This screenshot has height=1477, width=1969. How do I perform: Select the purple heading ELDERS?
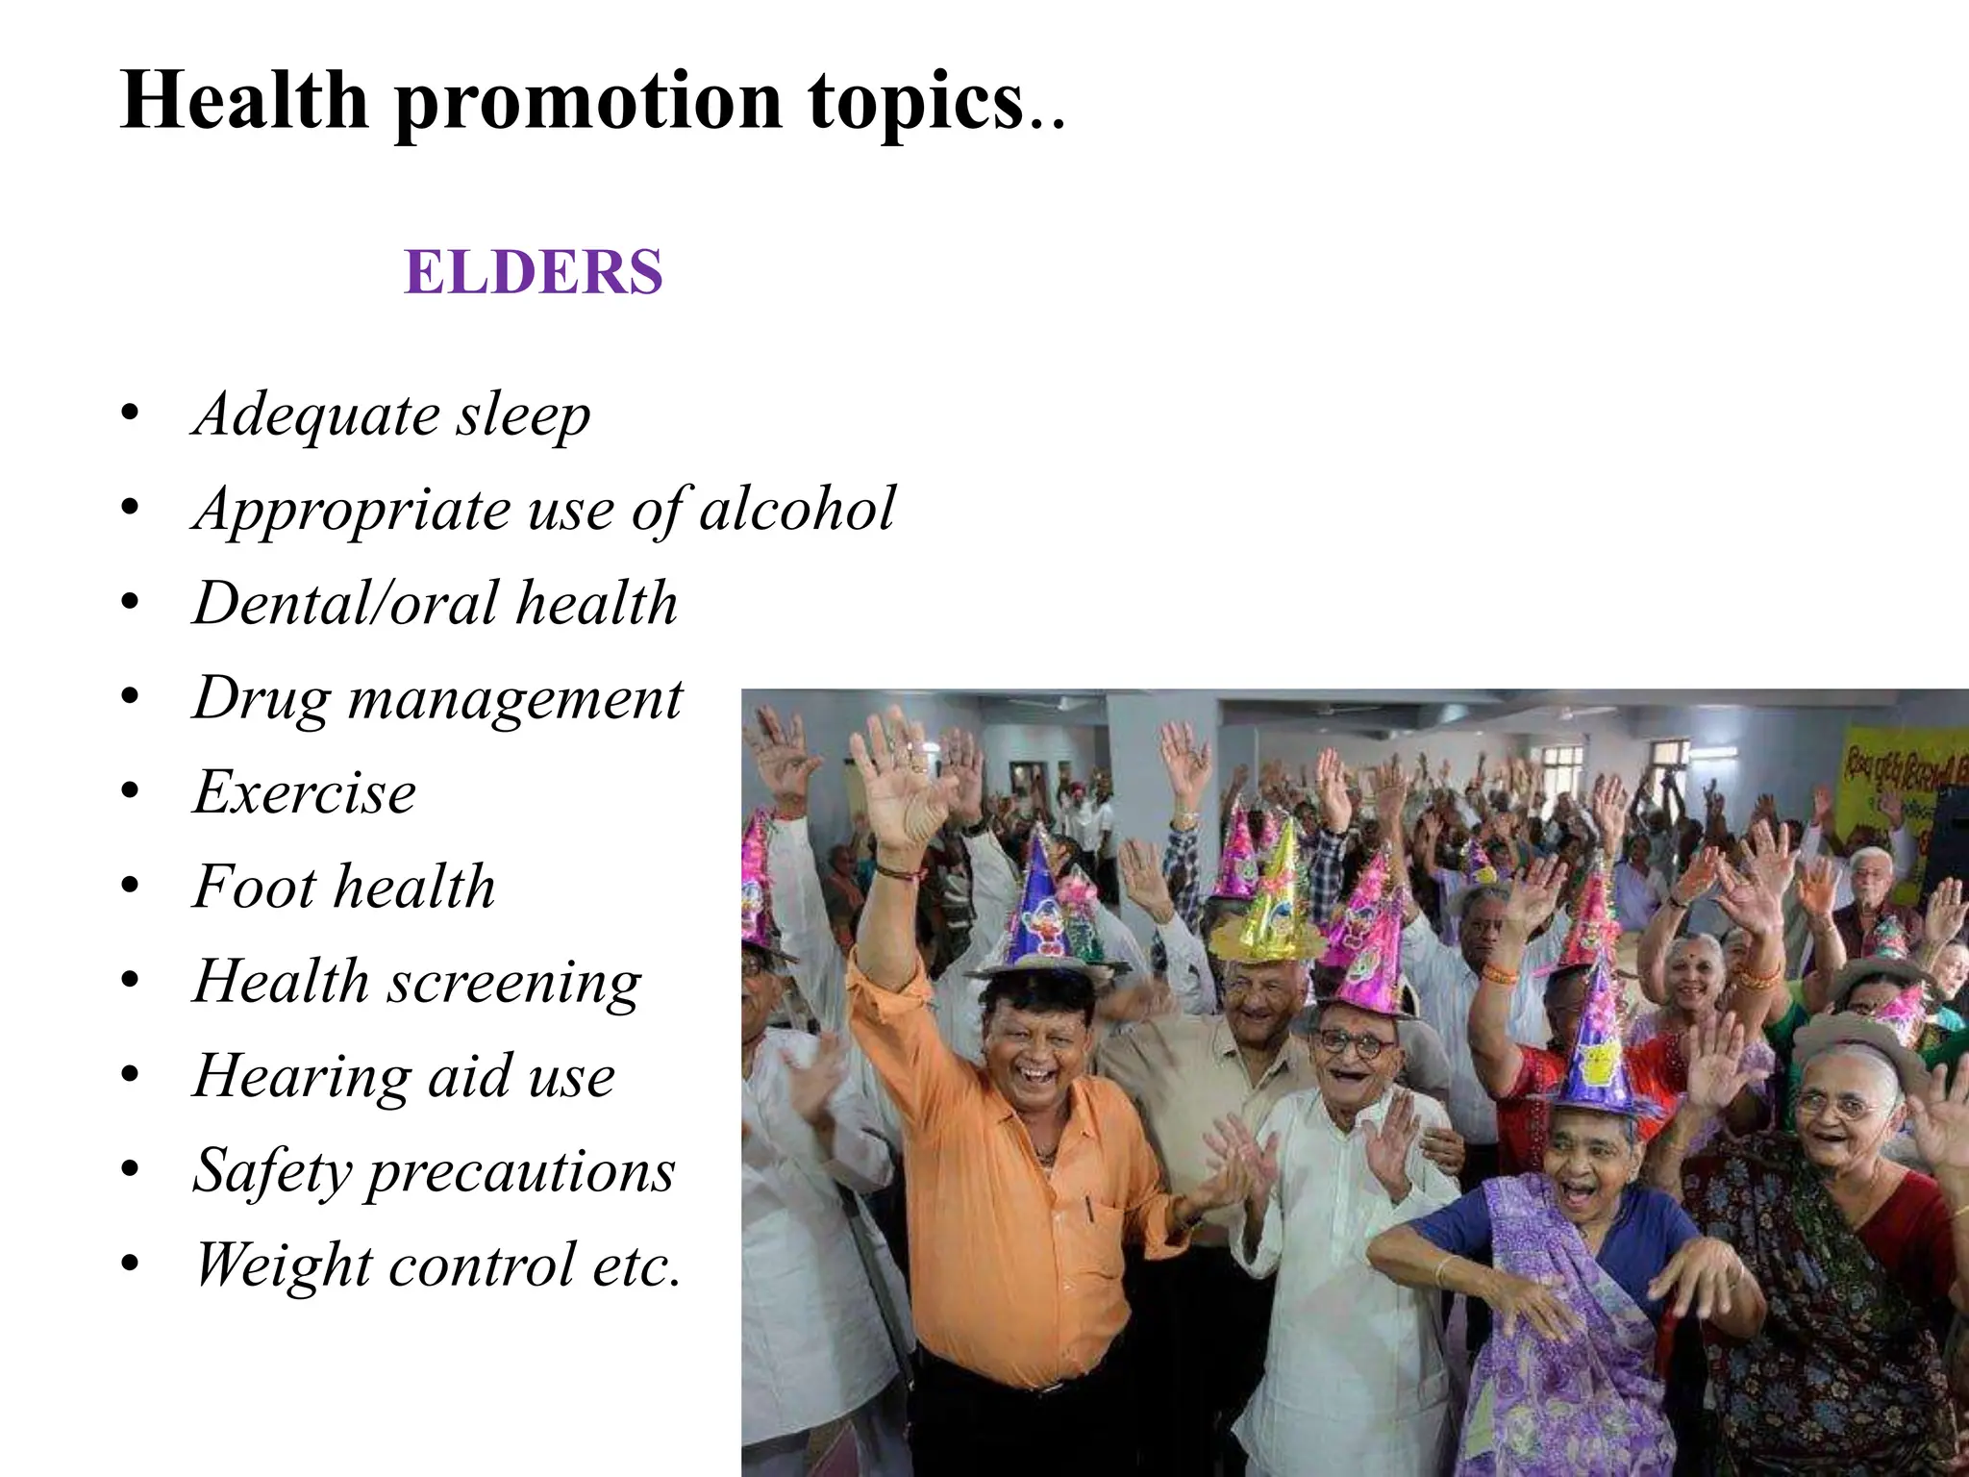tap(534, 272)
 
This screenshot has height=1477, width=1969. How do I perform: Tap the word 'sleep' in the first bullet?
tap(523, 415)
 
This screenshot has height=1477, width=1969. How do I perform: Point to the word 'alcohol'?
tap(797, 509)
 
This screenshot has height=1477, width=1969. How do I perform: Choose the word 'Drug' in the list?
tap(262, 699)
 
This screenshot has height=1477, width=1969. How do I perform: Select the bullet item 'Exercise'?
tap(305, 793)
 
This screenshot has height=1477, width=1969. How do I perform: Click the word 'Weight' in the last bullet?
tap(282, 1264)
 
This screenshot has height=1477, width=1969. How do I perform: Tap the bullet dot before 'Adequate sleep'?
tap(131, 416)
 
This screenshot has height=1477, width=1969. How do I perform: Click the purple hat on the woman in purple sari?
tap(1596, 1043)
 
